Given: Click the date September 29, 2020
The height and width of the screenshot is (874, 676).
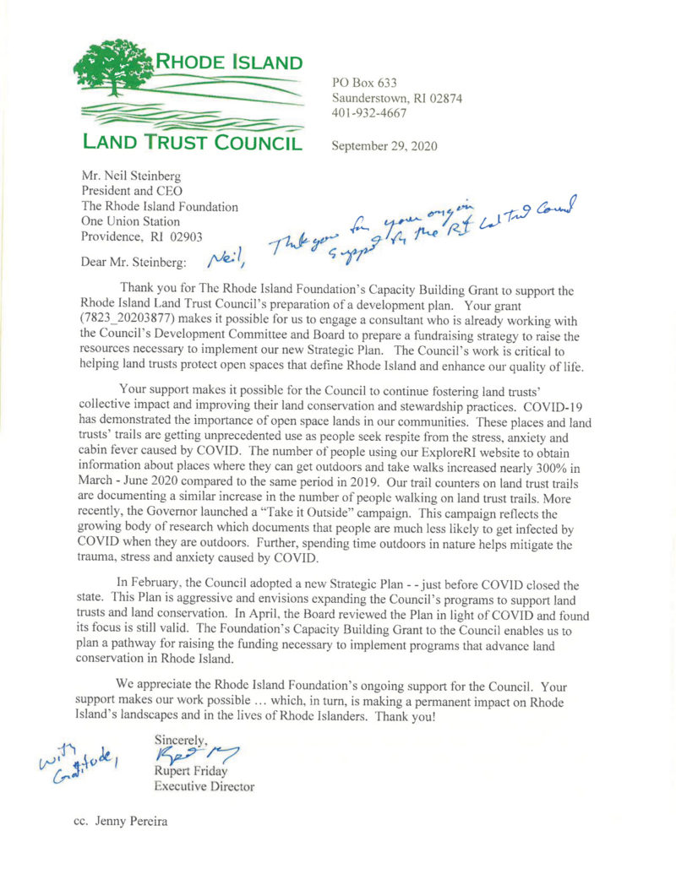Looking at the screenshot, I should (384, 144).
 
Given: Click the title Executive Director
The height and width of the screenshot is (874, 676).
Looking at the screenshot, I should (205, 785).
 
